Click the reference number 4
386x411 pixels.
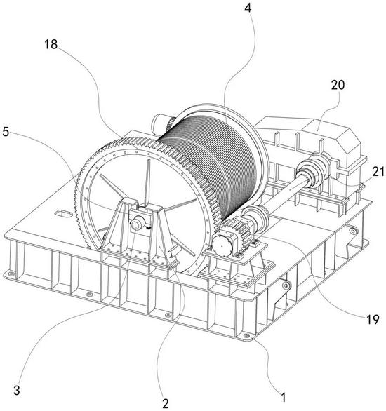[248, 8]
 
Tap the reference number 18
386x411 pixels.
[51, 45]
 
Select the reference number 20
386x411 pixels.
[338, 85]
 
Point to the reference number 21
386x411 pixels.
[378, 172]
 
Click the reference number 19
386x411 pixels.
[373, 320]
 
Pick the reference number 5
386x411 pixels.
[6, 132]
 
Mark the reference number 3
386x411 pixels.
[17, 390]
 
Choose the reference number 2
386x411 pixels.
[165, 404]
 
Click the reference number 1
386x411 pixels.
[283, 398]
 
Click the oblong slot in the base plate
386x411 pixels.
[63, 214]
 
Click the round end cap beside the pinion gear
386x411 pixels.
[222, 246]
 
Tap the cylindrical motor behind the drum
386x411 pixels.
[161, 121]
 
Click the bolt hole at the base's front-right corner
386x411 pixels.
[246, 336]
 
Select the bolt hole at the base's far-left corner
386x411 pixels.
[11, 274]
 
